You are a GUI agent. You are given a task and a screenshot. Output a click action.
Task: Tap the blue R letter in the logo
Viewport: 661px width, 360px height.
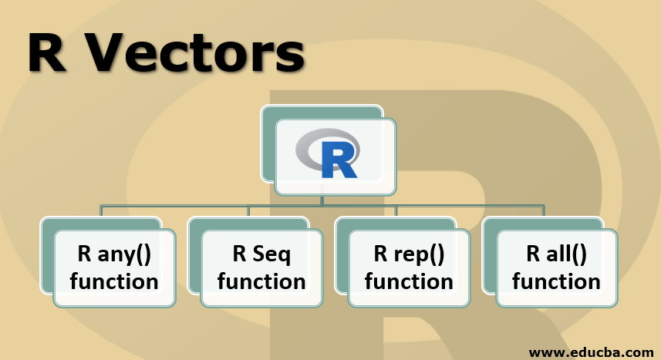click(337, 160)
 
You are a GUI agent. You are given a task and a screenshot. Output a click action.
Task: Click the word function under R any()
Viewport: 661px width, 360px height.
click(113, 281)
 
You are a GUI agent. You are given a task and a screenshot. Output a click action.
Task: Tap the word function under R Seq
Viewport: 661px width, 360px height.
click(261, 281)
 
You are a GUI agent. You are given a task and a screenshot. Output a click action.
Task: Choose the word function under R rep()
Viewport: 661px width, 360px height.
click(409, 281)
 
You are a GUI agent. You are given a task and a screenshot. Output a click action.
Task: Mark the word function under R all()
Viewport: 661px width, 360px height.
click(556, 281)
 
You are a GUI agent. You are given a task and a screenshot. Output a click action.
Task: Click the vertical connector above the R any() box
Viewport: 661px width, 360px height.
click(101, 211)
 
